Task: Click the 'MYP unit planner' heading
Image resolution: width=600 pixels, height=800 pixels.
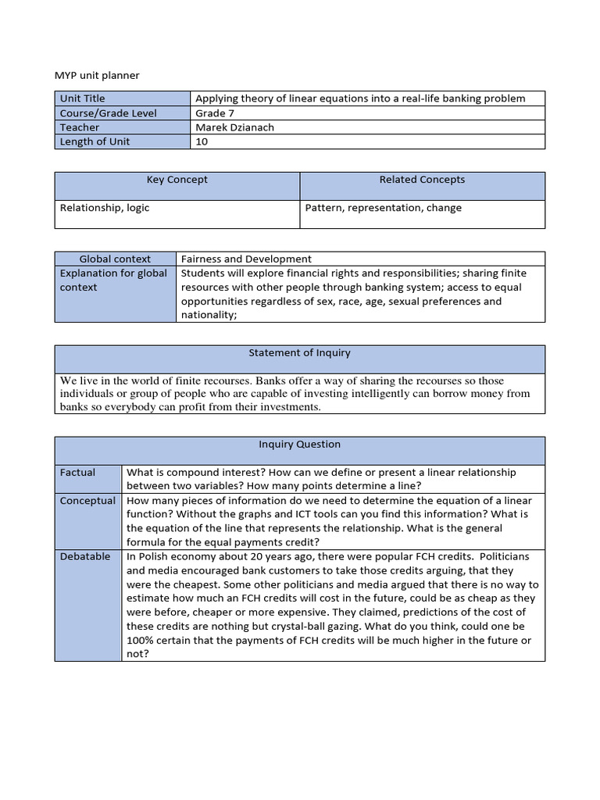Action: (97, 75)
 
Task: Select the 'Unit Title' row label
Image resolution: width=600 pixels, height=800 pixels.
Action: (82, 98)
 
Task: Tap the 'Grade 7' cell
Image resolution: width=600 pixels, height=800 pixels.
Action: (215, 113)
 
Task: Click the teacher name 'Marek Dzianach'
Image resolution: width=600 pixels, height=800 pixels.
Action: (234, 127)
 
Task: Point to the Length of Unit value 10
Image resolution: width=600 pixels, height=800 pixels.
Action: (202, 141)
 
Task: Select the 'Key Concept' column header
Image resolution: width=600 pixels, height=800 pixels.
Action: (177, 180)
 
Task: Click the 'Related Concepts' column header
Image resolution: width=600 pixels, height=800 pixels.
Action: (422, 180)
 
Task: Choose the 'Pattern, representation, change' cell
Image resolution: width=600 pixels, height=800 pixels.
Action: (383, 208)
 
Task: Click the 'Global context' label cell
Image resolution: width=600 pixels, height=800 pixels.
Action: (115, 259)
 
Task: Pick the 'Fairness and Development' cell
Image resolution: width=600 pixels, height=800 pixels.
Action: (246, 259)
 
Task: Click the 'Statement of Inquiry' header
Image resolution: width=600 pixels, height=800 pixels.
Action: (299, 353)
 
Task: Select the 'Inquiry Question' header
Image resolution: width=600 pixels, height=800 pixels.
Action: (299, 445)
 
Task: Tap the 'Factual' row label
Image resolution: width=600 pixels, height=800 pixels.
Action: (77, 473)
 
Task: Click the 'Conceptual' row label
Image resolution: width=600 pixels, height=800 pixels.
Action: (87, 501)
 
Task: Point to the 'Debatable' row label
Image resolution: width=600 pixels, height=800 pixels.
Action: (84, 556)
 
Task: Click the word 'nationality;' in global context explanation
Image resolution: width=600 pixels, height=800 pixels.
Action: (209, 315)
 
